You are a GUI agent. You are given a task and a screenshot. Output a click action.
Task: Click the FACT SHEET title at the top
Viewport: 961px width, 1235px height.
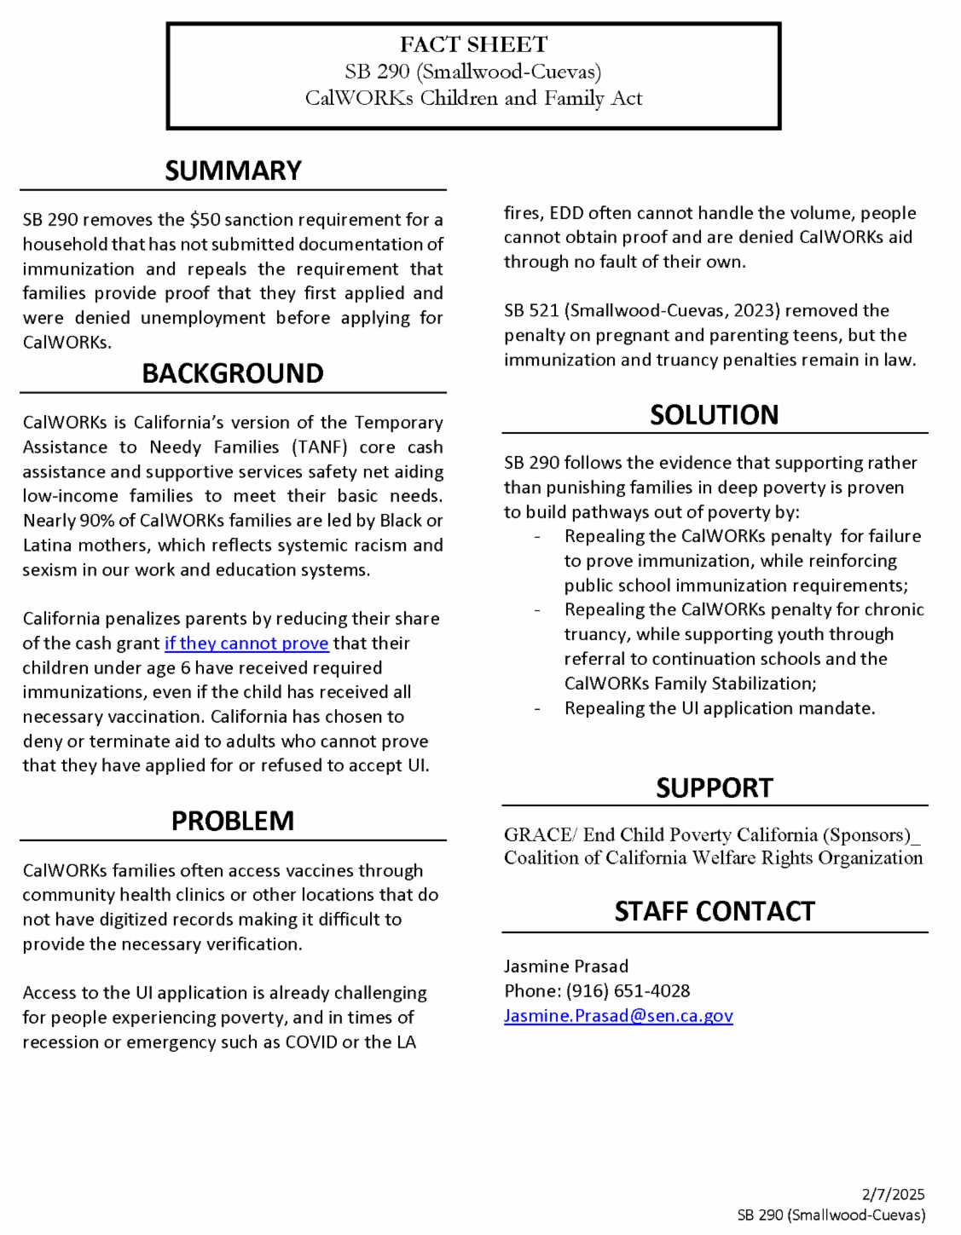473,44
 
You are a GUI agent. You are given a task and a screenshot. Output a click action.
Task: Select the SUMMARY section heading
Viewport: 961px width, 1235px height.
233,170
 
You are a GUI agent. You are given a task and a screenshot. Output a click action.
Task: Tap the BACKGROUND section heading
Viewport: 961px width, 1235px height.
233,373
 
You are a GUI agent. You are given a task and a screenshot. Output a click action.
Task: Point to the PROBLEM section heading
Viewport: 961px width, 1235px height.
233,821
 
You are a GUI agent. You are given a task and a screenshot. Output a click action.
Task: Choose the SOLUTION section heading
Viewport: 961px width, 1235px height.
714,415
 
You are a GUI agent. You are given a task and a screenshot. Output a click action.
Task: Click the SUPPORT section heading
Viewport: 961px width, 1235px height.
714,788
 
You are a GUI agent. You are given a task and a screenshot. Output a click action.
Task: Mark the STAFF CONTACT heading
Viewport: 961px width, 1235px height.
714,911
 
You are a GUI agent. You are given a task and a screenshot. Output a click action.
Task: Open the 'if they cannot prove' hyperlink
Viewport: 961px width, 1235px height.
246,643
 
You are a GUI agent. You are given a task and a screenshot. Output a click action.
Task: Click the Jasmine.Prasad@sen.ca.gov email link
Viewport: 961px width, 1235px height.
618,1016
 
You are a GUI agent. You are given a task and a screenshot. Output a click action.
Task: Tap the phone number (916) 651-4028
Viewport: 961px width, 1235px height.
628,991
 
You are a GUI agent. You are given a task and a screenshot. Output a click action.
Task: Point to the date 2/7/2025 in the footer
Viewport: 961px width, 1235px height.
893,1194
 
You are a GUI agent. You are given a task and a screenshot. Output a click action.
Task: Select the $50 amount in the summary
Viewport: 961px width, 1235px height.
205,220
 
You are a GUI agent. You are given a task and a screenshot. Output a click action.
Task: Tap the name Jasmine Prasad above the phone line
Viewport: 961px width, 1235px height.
565,967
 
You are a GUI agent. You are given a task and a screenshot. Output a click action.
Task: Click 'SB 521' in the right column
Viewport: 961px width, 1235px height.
531,311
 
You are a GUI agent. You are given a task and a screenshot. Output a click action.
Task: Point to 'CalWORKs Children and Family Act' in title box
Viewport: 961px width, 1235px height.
473,99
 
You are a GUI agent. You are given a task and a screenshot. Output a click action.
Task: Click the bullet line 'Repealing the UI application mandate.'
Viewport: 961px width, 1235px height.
719,708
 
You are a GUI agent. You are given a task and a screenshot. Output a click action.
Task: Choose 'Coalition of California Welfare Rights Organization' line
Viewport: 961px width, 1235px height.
713,858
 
